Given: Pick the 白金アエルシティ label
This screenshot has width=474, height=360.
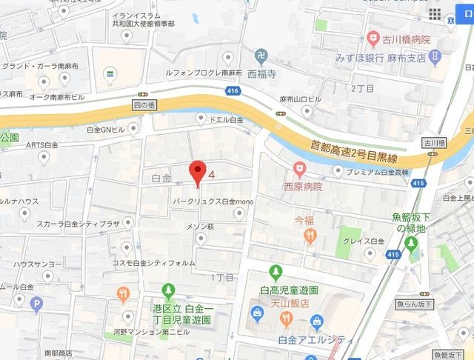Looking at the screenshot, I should coord(316,339).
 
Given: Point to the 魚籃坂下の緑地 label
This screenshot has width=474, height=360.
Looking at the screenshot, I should coord(410,223).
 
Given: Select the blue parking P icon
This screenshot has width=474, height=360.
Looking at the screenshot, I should coord(36,301).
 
